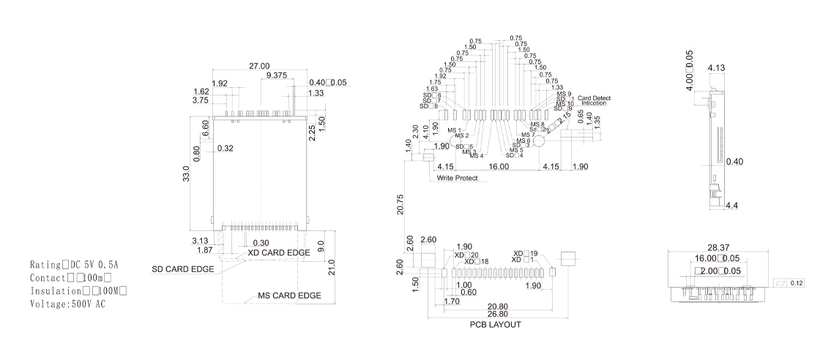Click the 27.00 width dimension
coord(259,66)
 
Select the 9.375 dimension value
coord(277,75)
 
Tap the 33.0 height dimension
coord(187,174)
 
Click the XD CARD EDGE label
coord(279,252)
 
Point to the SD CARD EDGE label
coord(183,269)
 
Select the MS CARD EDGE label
coord(289,296)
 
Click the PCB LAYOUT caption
coord(496,324)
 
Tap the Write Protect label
coord(458,179)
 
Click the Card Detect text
coord(594,98)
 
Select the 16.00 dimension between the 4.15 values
coord(499,168)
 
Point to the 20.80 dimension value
coord(498,307)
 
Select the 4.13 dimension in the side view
coord(716,68)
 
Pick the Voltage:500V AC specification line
coord(67,304)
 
